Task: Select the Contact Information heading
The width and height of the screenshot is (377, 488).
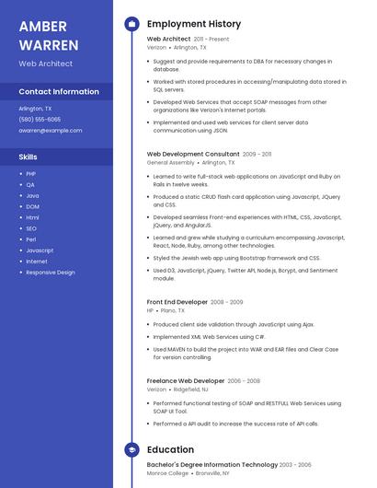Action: tap(59, 92)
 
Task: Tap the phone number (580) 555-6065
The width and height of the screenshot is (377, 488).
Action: tap(40, 120)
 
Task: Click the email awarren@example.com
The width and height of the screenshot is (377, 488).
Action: tap(51, 131)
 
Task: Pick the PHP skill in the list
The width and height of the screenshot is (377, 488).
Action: tap(30, 173)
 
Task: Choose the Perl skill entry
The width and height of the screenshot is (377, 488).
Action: tap(30, 239)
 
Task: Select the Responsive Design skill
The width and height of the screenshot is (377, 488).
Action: tap(51, 273)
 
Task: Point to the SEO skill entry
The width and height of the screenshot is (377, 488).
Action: tap(31, 228)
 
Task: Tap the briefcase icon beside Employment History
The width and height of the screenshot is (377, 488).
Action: tap(131, 24)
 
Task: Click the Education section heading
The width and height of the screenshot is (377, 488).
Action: tap(170, 450)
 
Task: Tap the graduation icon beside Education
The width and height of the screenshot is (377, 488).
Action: tap(131, 450)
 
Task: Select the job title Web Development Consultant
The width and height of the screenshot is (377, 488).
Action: tap(192, 154)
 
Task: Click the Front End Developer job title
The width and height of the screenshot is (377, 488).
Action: tap(177, 302)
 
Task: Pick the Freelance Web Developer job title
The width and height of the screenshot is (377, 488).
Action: tap(185, 380)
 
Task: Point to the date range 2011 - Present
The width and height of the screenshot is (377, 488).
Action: tap(211, 40)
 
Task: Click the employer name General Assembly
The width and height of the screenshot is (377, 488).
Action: tap(170, 162)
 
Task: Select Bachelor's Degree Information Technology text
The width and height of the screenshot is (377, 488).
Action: tap(211, 465)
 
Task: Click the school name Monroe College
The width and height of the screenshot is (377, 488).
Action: tap(168, 473)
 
